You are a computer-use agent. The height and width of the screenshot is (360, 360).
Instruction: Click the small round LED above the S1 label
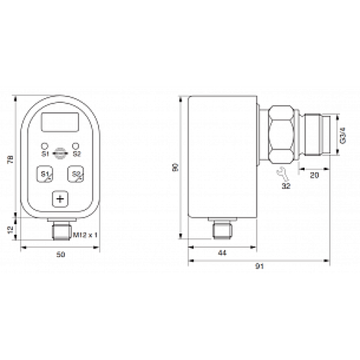(x=45, y=146)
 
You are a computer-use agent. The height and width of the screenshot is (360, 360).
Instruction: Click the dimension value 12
(x=9, y=228)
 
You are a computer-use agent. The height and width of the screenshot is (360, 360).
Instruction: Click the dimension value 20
(x=314, y=174)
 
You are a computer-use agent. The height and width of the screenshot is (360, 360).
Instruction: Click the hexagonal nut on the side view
(x=282, y=135)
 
